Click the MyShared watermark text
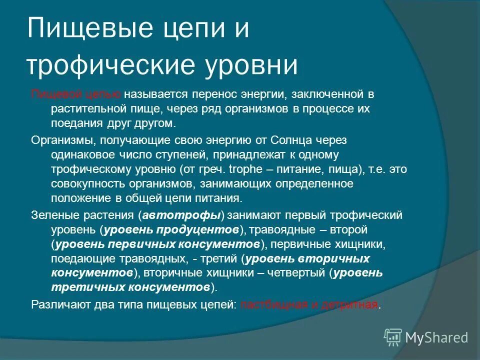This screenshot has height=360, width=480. [436, 337]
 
